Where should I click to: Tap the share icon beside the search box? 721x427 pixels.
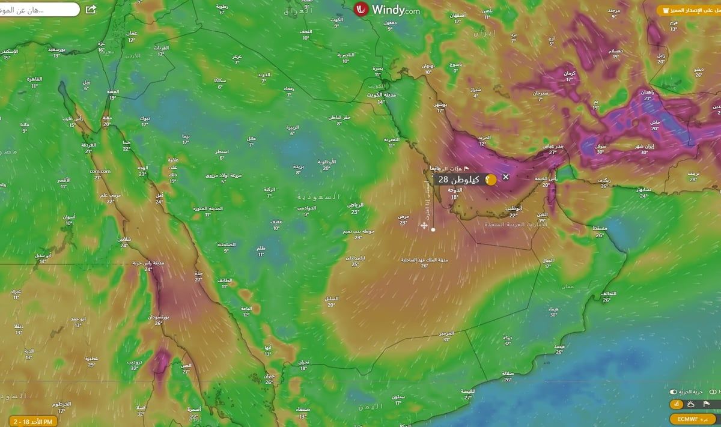[91, 10]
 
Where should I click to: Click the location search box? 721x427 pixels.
[39, 10]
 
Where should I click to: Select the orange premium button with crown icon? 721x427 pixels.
[688, 10]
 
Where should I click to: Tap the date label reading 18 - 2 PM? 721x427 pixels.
[30, 422]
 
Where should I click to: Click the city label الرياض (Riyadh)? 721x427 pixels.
[355, 205]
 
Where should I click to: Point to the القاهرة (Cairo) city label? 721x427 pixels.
[34, 79]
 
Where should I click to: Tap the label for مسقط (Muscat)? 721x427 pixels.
[600, 229]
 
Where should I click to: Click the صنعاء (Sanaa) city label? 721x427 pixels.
[302, 410]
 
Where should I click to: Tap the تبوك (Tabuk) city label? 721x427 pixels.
[145, 118]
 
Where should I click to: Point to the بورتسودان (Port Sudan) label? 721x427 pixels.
[159, 316]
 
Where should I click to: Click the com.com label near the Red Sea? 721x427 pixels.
[100, 171]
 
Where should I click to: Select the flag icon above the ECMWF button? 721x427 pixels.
[707, 404]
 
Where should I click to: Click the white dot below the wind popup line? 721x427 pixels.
[433, 229]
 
